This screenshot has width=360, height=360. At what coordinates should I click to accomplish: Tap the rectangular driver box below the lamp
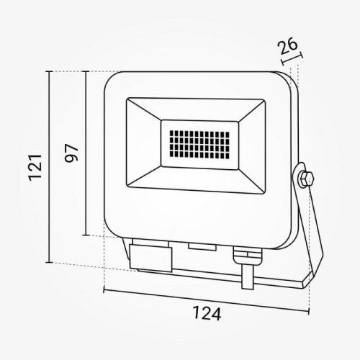151,254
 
